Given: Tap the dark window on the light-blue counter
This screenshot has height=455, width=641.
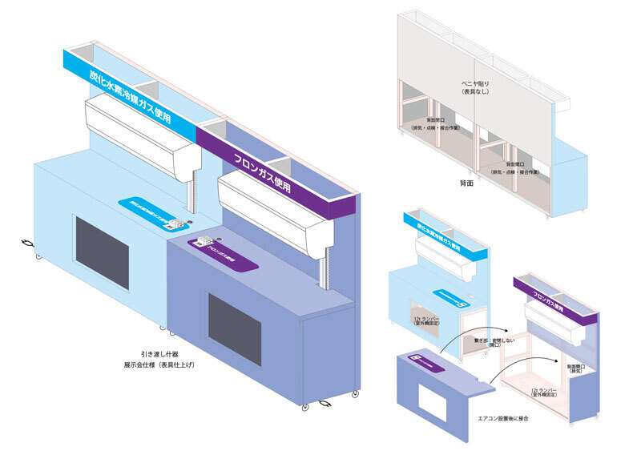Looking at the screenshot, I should click(102, 252).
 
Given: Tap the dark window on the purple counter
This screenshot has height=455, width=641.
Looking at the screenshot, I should click(234, 328).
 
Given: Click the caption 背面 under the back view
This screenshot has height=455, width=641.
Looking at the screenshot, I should click(468, 183).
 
